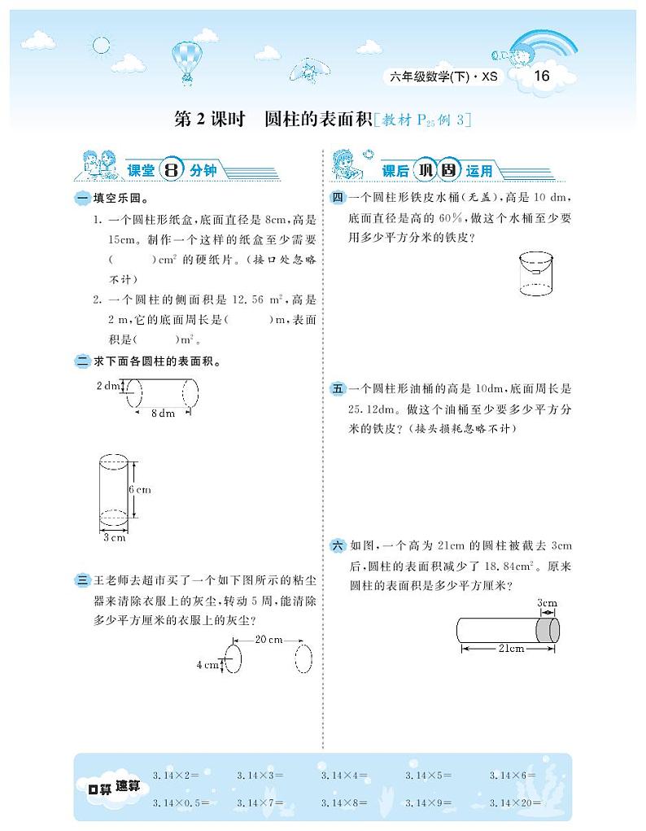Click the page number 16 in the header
tap(540, 77)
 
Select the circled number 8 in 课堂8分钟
tap(172, 170)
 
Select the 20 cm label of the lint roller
tap(268, 640)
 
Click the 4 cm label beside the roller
tap(207, 664)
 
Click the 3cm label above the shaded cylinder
tap(547, 603)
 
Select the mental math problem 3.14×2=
tap(176, 776)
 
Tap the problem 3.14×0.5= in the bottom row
tap(181, 803)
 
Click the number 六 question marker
tap(338, 545)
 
